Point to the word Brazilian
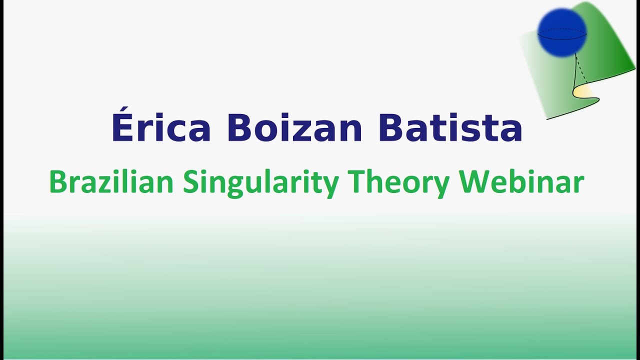click(x=111, y=182)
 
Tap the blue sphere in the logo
click(x=562, y=32)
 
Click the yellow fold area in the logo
click(x=583, y=92)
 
